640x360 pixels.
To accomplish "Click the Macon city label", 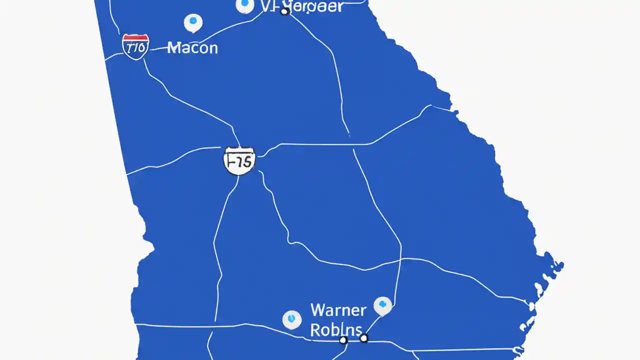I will [192, 48].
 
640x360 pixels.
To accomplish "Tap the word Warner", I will [338, 310].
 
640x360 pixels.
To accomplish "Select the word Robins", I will [336, 329].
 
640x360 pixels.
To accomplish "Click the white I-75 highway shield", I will [239, 160].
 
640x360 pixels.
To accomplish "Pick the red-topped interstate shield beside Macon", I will [135, 47].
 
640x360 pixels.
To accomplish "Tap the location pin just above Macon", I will [193, 22].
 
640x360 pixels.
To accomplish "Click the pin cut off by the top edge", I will [244, 5].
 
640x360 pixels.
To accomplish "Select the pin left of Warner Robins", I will [292, 319].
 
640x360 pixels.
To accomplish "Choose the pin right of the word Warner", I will [382, 305].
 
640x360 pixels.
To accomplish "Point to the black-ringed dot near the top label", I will [284, 11].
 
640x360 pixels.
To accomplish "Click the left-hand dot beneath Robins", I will [343, 340].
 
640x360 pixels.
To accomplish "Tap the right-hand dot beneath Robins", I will [364, 338].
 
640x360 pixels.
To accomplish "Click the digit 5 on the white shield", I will [248, 161].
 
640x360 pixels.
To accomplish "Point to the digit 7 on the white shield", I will [239, 161].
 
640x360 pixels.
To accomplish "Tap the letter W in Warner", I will [318, 310].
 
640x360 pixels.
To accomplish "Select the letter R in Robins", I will [315, 329].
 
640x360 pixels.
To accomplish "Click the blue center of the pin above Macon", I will [193, 21].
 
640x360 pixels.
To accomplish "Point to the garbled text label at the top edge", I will [302, 6].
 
